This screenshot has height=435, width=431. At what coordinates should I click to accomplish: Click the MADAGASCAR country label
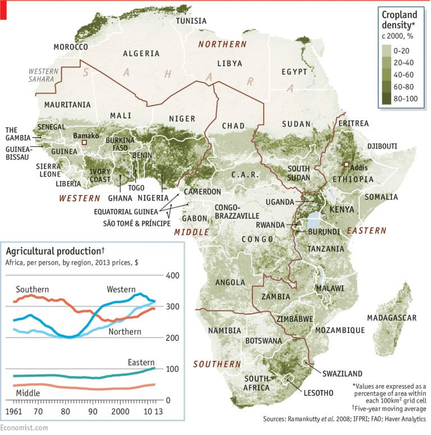coord(392,318)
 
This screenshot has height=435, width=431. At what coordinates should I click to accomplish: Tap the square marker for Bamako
coord(84,143)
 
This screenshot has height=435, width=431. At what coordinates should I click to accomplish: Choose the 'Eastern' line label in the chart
coord(140,363)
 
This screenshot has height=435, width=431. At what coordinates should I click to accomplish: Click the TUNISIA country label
coord(191,21)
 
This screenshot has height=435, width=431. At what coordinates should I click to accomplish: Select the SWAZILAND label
coord(342,373)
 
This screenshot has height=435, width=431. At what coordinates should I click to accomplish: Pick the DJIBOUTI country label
coord(382,146)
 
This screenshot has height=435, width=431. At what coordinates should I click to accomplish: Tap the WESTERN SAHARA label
coord(43,75)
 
